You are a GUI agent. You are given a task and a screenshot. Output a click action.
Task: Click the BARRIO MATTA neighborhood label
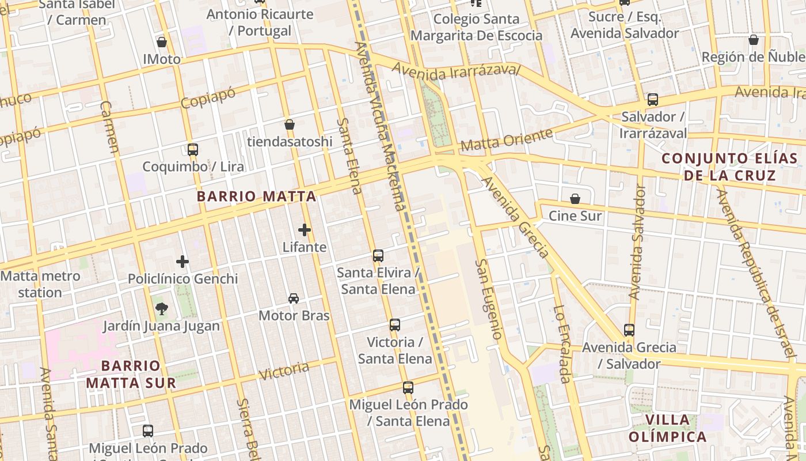[256, 196]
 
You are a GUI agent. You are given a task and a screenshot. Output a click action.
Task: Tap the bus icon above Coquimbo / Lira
[193, 150]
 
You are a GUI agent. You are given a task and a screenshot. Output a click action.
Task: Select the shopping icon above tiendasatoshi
[290, 124]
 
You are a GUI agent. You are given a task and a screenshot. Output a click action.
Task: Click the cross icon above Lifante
[305, 230]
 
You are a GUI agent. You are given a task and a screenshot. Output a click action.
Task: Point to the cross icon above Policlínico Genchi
[183, 262]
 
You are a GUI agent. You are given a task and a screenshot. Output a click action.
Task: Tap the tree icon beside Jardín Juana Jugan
[161, 309]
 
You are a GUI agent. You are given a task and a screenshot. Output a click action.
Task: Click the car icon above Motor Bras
[294, 298]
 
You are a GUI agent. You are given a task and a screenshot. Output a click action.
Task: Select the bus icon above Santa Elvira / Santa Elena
[378, 256]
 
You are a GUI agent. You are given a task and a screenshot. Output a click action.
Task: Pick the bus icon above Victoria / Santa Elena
[395, 325]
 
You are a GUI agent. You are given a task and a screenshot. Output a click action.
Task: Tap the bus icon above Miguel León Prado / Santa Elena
[408, 388]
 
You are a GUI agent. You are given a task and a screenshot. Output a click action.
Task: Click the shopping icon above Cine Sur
[575, 199]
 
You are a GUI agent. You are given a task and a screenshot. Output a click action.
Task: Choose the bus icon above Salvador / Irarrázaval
[653, 100]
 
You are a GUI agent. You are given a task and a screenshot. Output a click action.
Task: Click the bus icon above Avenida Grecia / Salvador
[629, 330]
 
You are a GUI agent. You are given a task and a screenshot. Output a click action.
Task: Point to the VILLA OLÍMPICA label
[667, 428]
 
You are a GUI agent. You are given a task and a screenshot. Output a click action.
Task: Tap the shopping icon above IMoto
[162, 42]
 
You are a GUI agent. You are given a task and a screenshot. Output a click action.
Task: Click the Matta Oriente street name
[507, 141]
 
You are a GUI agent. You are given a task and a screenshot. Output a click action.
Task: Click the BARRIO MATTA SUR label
[131, 374]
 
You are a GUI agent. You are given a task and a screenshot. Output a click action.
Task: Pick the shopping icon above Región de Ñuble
[753, 40]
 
